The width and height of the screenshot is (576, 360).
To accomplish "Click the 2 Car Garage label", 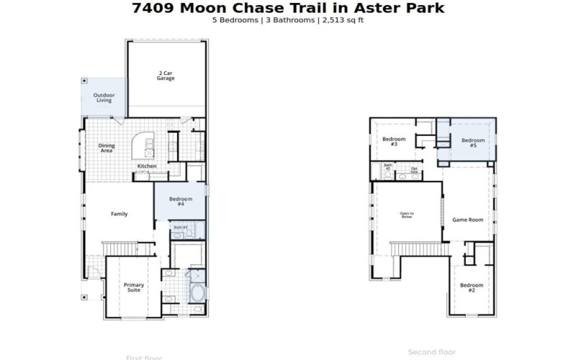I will point(166,75).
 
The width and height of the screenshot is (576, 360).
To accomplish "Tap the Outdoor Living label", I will point(104,97).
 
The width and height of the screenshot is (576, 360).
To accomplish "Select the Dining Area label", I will point(106,148).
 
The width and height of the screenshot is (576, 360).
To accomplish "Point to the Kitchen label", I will point(147,166).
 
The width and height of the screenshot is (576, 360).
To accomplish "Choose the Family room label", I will point(119,214).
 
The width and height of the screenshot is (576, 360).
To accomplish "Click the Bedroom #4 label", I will point(180,202).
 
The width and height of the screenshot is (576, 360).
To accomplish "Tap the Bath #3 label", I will point(180,228).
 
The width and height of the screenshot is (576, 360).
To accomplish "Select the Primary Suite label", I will point(133,288).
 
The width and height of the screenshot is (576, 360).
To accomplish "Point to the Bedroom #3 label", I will point(394,141).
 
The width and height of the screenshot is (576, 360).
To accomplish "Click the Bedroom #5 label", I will point(473,143).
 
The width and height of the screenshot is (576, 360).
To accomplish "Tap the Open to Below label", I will point(407,215).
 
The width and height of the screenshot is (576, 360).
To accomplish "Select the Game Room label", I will point(467,220).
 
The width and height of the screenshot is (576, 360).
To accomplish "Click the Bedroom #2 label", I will point(472,287).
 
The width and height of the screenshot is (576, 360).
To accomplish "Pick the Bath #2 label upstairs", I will point(387,166).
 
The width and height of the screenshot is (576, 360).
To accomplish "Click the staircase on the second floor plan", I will point(418,248).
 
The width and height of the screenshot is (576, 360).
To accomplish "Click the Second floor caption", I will point(432,352).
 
